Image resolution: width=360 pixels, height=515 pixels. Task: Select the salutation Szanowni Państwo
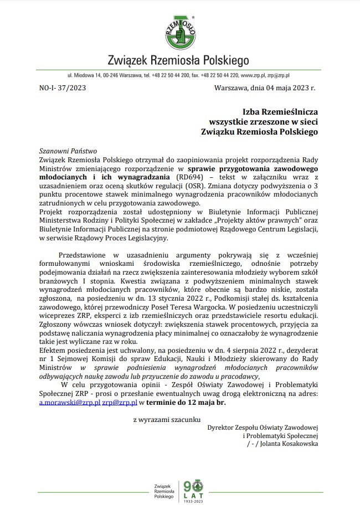tap(68, 150)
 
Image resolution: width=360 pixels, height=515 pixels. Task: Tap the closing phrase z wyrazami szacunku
tap(167, 420)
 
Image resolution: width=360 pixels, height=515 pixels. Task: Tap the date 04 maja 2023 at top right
tap(285, 87)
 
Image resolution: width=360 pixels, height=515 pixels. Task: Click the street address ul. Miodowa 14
tap(85, 74)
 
